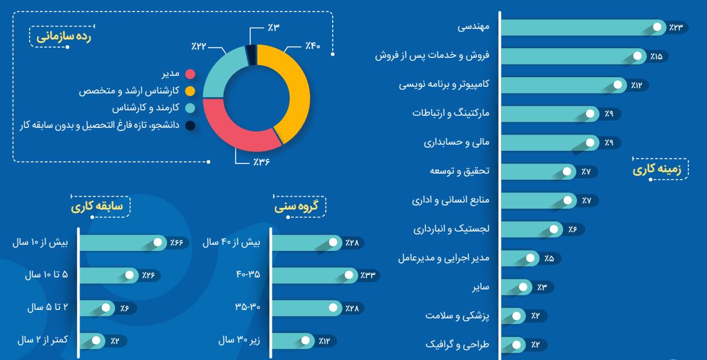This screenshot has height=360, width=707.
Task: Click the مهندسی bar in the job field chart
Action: tap(579, 27)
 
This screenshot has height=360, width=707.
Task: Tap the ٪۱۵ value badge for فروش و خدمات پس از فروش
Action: tap(656, 56)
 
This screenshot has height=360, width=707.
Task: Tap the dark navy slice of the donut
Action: tap(251, 54)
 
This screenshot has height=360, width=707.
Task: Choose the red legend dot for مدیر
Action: tap(189, 74)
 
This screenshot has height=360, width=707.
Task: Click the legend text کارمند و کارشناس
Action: tap(147, 109)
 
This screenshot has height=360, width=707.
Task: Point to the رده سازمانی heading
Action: tap(64, 37)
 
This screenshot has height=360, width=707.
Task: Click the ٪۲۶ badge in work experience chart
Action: tap(148, 275)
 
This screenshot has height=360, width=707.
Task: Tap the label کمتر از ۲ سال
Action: tap(42, 340)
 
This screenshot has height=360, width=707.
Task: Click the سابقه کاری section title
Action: tap(97, 207)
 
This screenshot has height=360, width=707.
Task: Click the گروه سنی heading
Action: tap(299, 207)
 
